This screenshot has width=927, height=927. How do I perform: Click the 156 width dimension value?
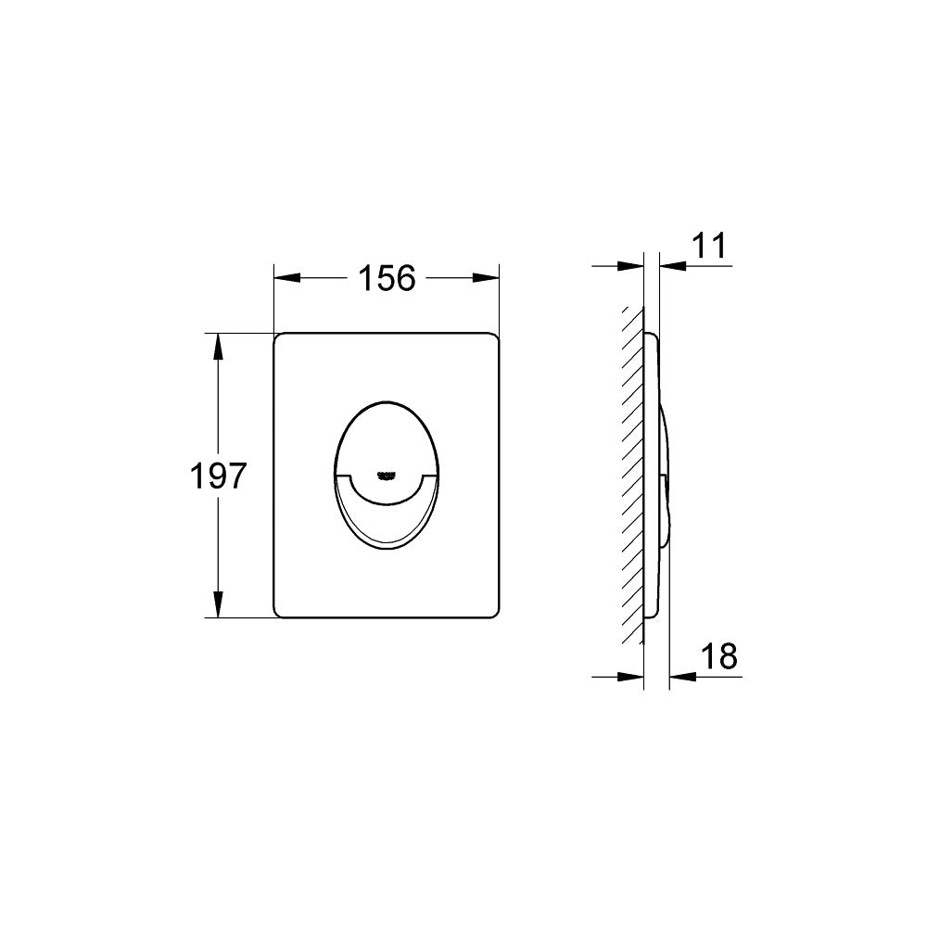387,277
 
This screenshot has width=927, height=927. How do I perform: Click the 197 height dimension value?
218,476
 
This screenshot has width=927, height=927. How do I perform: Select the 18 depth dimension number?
719,655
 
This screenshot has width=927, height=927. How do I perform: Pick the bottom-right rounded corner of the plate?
495,612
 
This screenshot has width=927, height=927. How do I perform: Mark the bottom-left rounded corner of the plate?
279,612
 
